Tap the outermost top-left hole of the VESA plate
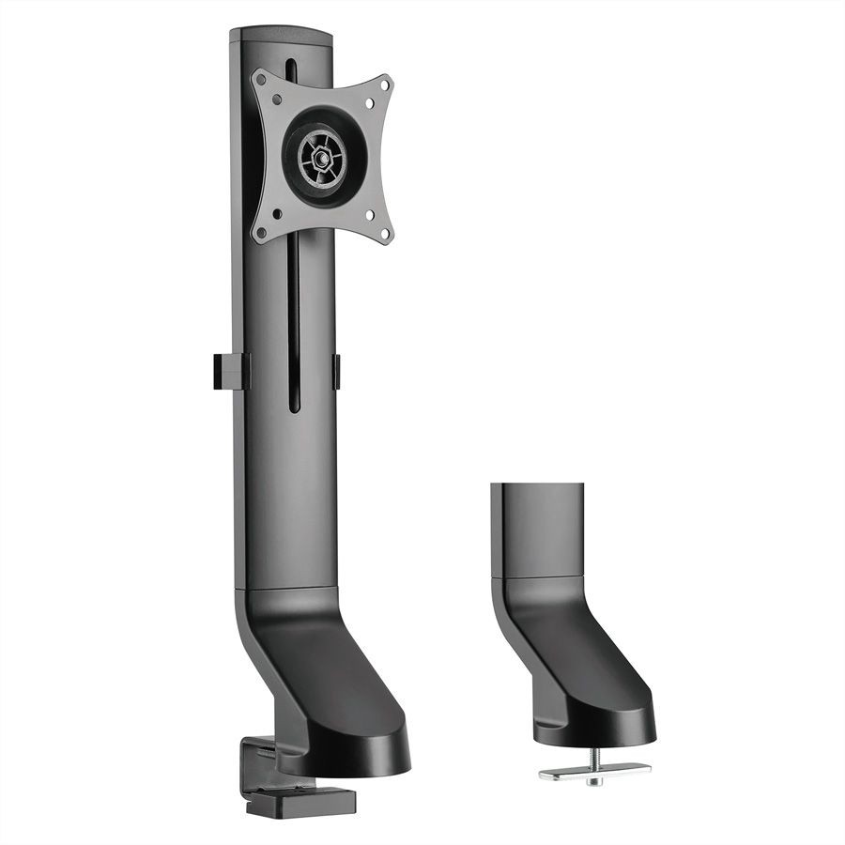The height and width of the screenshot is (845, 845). pyautogui.click(x=265, y=82)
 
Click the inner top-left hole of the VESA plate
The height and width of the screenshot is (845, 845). pyautogui.click(x=278, y=98)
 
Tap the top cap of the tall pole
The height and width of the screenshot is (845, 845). pyautogui.click(x=282, y=38)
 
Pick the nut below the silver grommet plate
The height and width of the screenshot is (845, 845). pyautogui.click(x=593, y=780)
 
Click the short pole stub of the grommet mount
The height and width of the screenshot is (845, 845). pyautogui.click(x=536, y=530)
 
